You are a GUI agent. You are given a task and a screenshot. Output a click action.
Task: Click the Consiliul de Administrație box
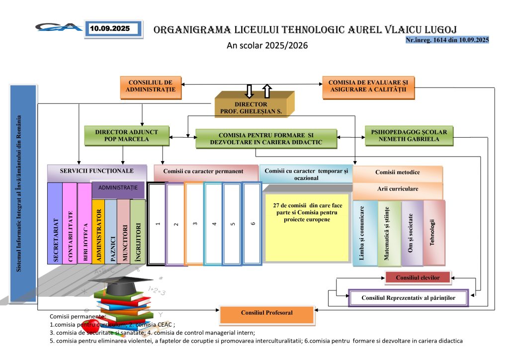151,87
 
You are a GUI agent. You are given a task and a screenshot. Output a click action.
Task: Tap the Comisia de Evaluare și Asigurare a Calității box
368,87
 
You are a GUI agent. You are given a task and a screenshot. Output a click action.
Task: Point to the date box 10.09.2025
113,29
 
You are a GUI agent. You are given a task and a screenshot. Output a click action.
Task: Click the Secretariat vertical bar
55,224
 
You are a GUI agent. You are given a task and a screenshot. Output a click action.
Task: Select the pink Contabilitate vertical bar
70,224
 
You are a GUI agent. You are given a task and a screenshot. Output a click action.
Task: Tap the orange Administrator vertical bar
98,231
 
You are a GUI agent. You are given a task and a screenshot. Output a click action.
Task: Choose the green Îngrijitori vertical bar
138,231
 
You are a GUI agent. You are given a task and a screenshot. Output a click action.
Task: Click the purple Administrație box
118,189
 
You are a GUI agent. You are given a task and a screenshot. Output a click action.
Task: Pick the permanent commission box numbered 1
156,224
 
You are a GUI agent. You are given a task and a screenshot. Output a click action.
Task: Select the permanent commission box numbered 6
253,224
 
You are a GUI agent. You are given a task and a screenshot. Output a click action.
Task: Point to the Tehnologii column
433,231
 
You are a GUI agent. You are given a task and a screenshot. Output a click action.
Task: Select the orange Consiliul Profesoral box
266,314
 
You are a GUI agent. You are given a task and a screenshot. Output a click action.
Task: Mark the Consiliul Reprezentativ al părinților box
408,298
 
